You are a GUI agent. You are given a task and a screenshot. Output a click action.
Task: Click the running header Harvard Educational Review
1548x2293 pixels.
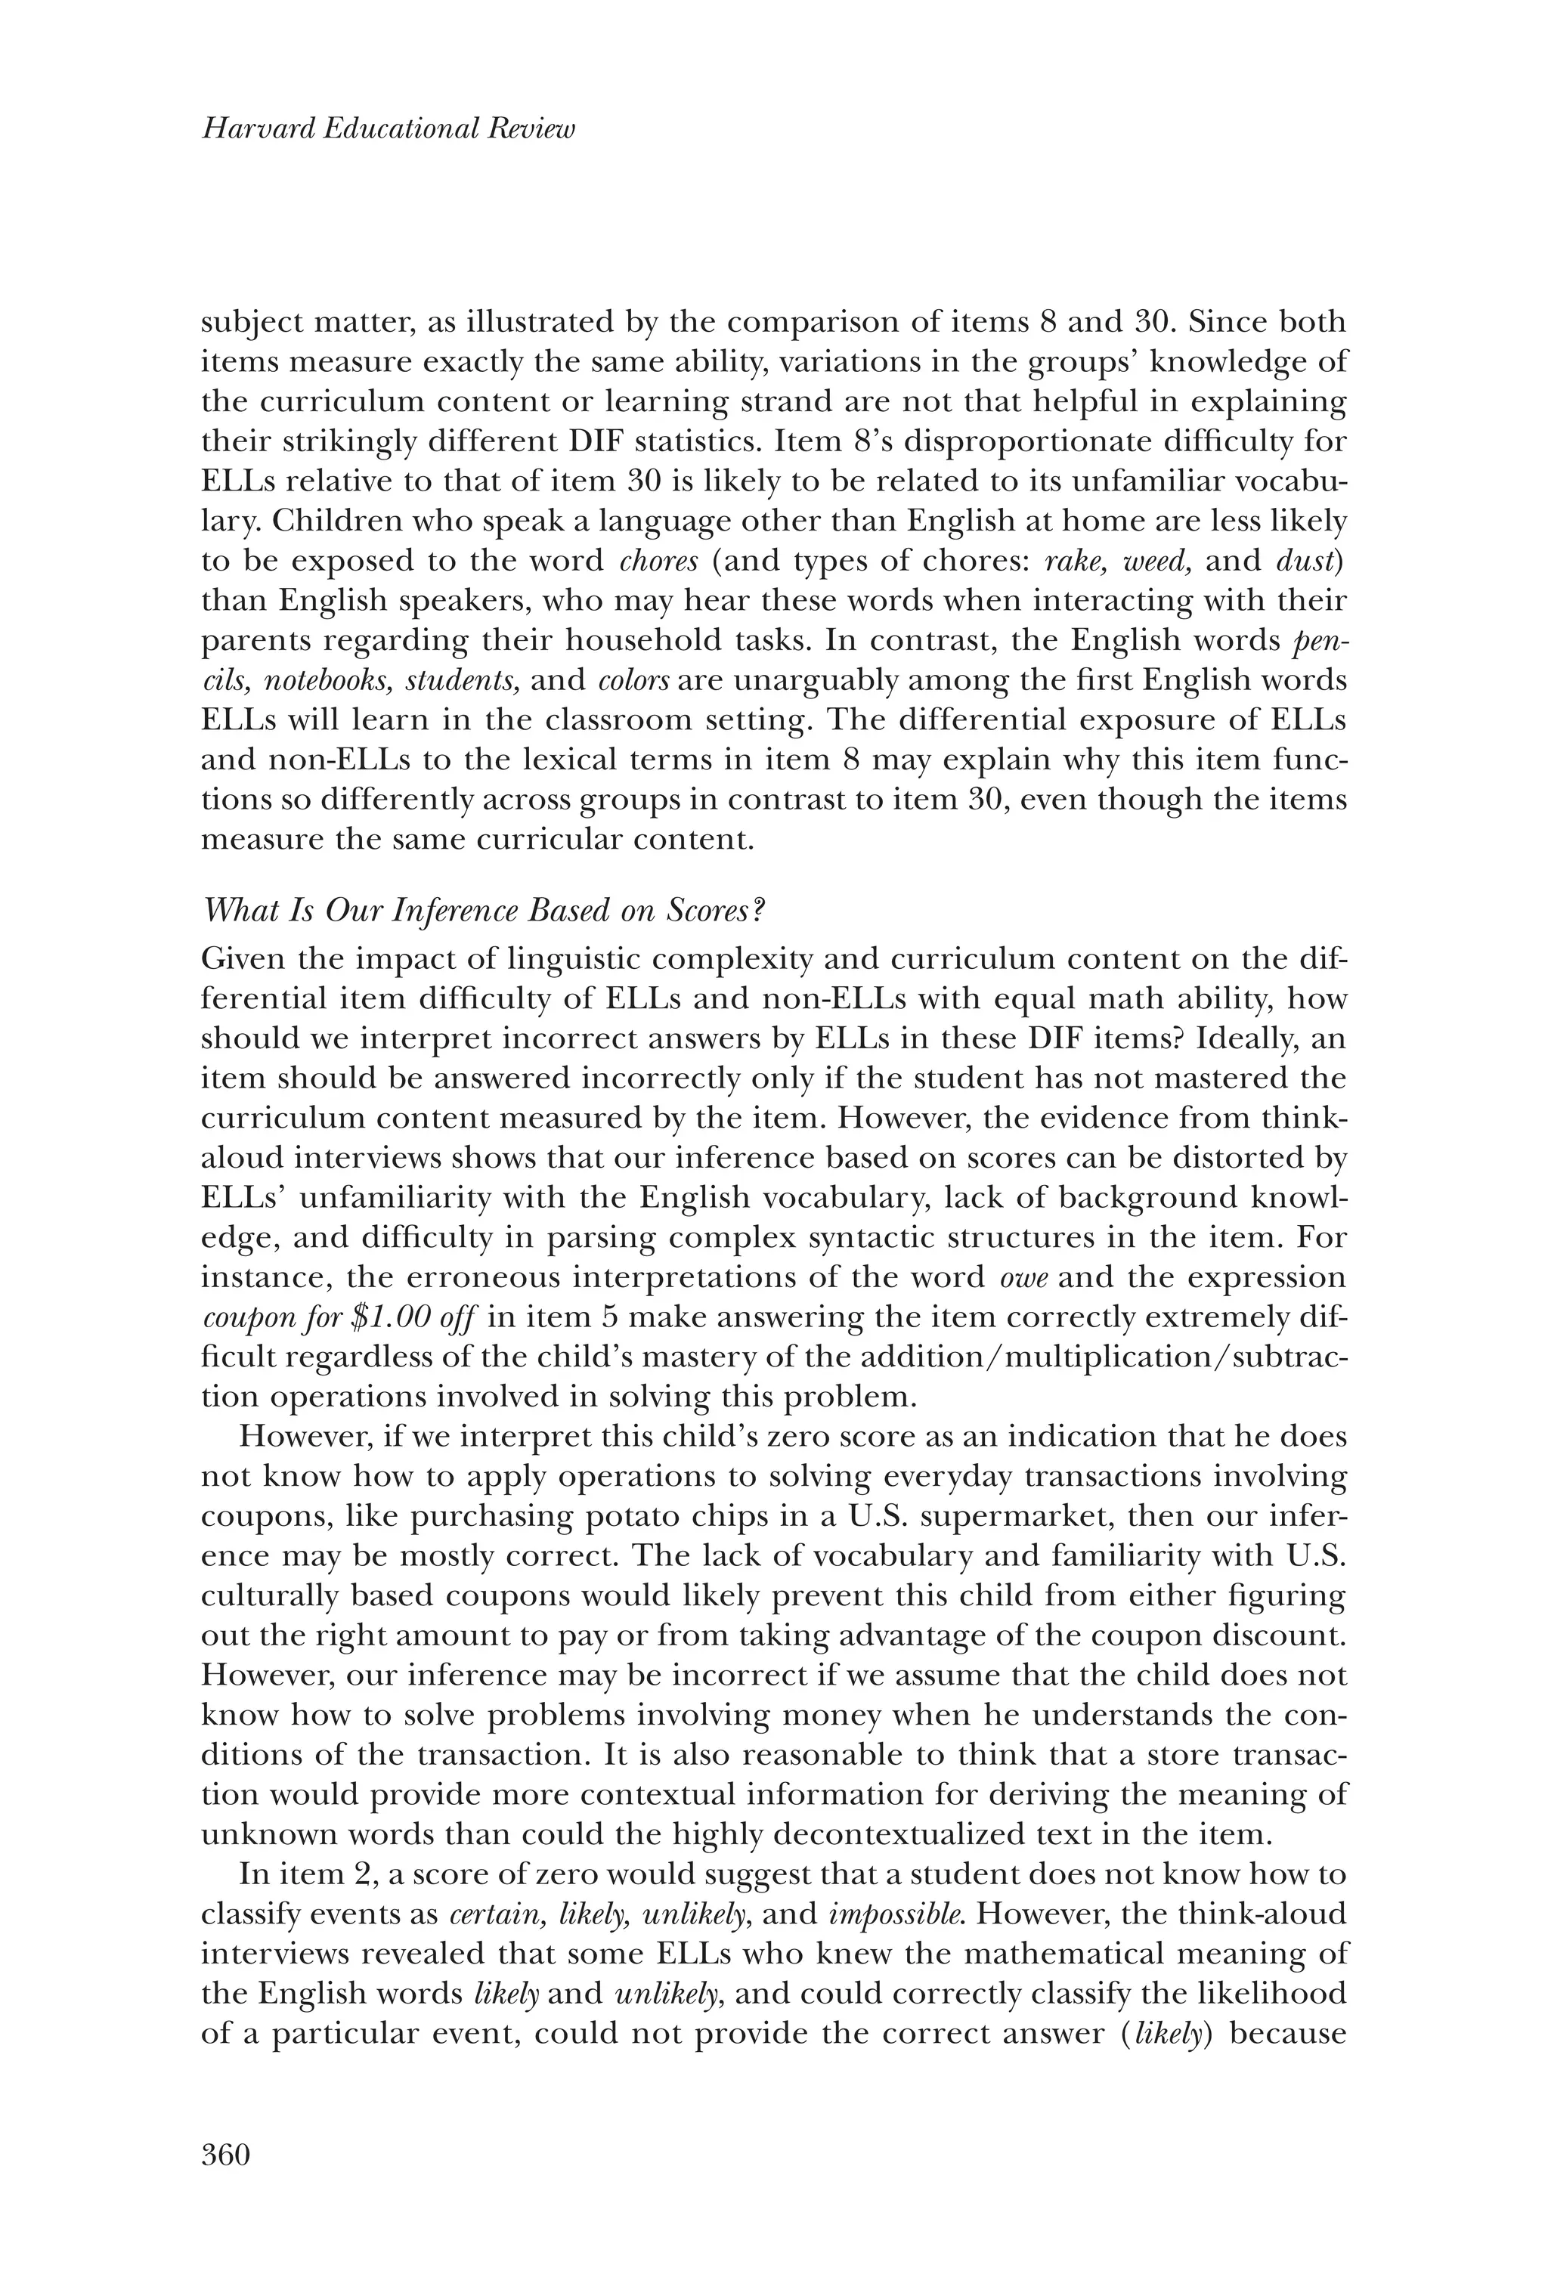tap(388, 129)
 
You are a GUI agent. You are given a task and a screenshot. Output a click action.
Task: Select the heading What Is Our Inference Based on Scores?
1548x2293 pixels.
tap(484, 911)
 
